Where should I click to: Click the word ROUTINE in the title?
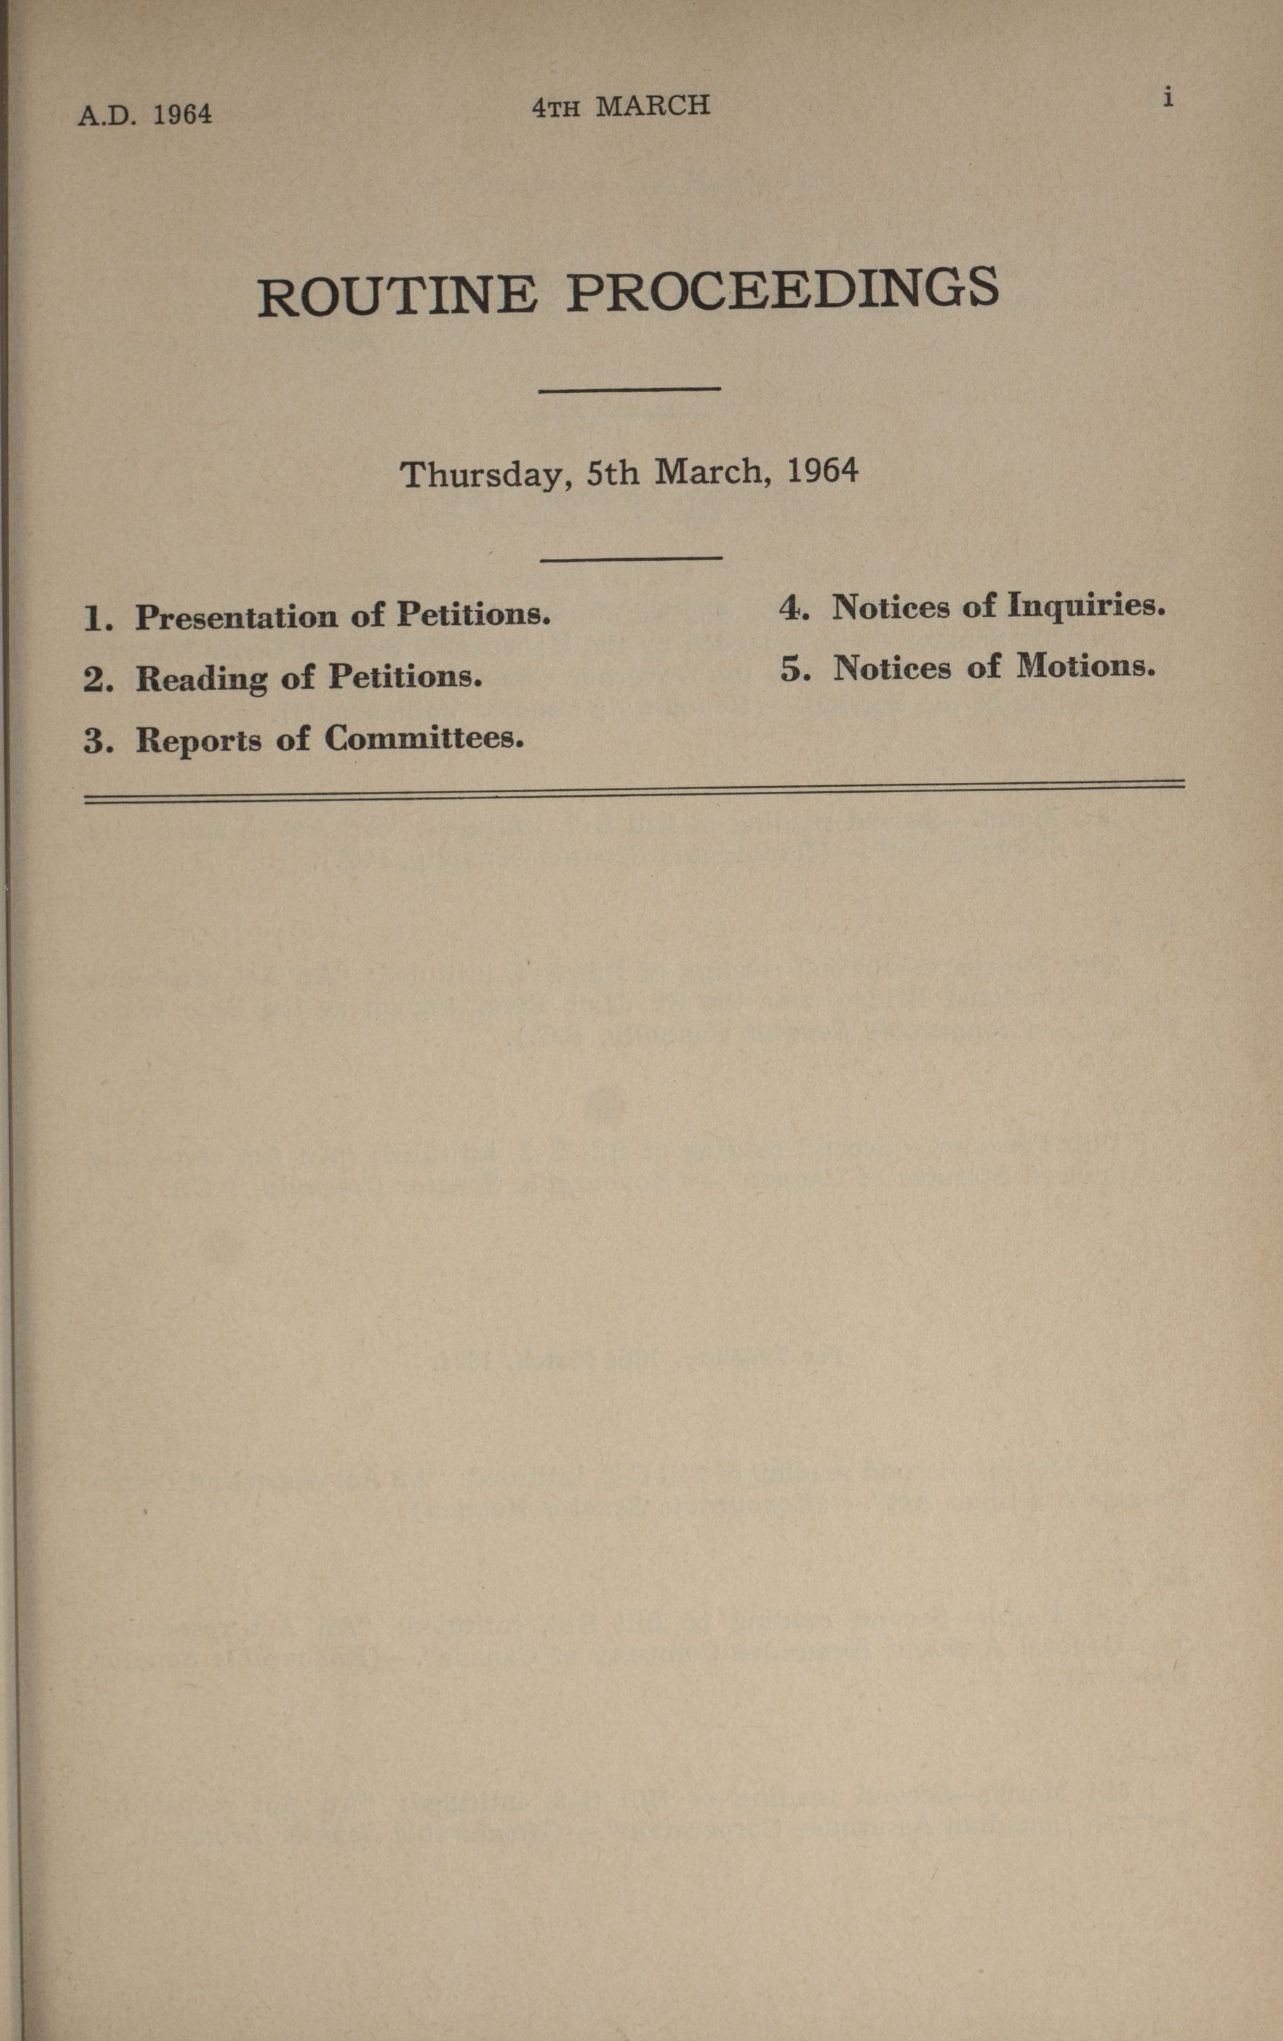tap(397, 296)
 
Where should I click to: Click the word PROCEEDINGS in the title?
tap(782, 289)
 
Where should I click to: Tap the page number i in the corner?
tap(1168, 98)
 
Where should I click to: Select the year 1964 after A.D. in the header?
tap(182, 114)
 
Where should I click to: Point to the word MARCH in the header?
tap(653, 106)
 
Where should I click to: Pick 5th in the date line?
tap(613, 471)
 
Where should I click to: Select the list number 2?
tap(98, 680)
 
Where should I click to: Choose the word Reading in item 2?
tap(201, 679)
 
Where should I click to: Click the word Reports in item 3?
tap(199, 741)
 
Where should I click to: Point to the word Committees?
tap(424, 738)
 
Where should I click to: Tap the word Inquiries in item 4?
tap(1086, 606)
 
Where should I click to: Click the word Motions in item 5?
tap(1086, 667)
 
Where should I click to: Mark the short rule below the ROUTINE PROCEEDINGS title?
tap(630, 389)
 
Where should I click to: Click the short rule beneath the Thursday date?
tap(632, 557)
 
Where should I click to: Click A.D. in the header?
tap(107, 115)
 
